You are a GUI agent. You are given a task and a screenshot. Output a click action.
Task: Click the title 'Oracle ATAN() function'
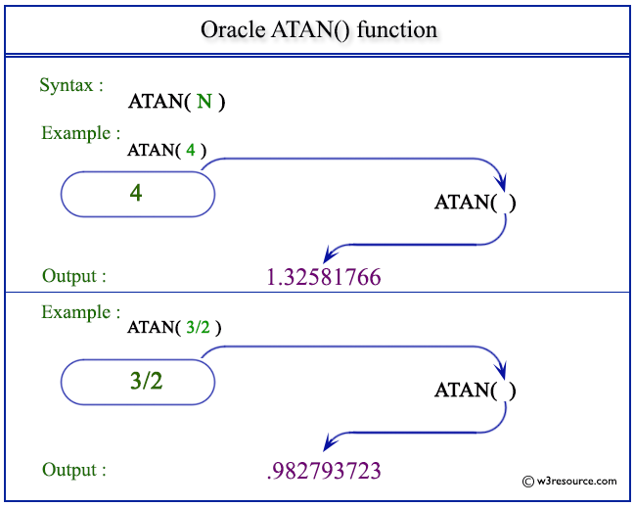click(319, 29)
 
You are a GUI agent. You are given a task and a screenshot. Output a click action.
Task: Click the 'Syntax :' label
click(71, 85)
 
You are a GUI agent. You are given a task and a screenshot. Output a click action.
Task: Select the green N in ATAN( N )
click(204, 101)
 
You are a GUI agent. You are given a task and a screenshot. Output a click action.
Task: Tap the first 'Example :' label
click(80, 133)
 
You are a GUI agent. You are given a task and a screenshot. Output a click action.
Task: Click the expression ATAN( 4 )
click(166, 150)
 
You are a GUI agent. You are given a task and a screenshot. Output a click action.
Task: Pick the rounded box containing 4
click(137, 194)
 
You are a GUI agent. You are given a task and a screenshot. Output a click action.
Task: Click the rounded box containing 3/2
click(137, 382)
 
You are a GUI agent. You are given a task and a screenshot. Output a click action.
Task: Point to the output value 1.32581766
click(323, 278)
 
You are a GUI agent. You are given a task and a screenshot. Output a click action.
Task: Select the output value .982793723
click(323, 471)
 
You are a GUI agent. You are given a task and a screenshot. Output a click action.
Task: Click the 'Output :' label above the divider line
click(73, 276)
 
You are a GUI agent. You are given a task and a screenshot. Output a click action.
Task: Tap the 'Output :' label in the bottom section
click(73, 470)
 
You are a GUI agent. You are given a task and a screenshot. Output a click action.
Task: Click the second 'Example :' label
click(80, 313)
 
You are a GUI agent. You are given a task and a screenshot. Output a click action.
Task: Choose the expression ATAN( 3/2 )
click(174, 328)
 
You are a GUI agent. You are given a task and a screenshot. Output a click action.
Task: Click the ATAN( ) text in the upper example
click(475, 203)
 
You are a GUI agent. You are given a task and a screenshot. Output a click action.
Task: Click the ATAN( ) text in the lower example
click(475, 391)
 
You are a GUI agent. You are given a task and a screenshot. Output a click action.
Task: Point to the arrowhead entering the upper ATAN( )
click(502, 182)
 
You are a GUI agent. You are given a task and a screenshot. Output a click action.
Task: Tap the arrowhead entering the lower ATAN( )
click(502, 371)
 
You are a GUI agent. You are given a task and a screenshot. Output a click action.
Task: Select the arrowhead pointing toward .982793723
click(331, 442)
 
